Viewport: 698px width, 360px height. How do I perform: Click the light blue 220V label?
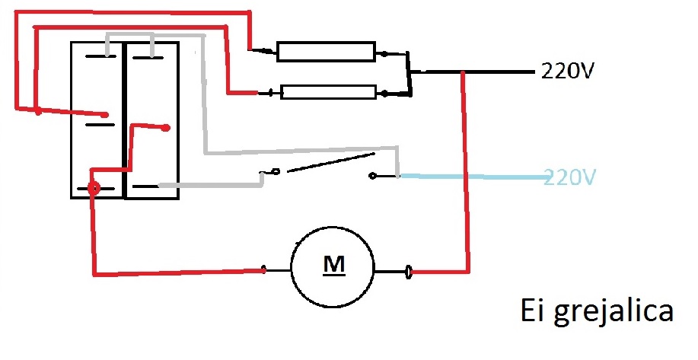tap(570, 177)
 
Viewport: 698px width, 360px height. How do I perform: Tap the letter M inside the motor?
tap(333, 265)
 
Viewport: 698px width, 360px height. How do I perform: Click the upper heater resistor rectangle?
tap(326, 52)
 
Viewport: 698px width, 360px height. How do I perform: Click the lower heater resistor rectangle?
tap(328, 93)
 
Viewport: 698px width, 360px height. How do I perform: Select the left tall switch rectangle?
tap(97, 119)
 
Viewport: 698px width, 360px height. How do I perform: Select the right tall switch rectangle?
tap(151, 119)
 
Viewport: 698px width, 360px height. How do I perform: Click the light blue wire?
tap(472, 177)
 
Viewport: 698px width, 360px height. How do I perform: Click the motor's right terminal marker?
tap(409, 270)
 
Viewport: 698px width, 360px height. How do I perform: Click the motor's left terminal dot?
tap(263, 269)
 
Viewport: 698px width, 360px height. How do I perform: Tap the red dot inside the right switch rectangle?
tap(165, 128)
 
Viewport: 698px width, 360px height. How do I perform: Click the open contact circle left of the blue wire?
tap(371, 177)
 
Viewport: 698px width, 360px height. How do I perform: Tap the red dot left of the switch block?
tap(37, 112)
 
